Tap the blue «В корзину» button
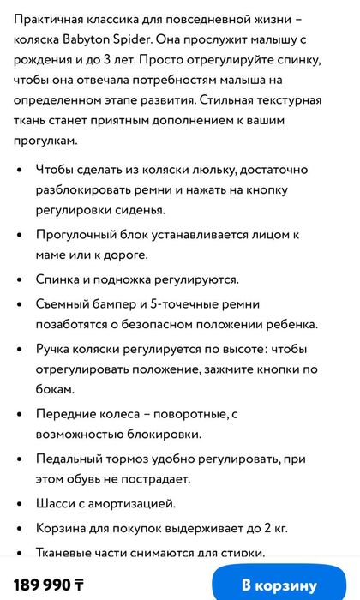(x=279, y=585)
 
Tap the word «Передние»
(x=68, y=414)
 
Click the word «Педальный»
(x=72, y=459)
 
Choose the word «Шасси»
(x=55, y=503)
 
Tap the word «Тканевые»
(x=67, y=553)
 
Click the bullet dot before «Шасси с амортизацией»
(x=20, y=504)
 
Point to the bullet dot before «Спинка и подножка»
(x=20, y=279)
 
